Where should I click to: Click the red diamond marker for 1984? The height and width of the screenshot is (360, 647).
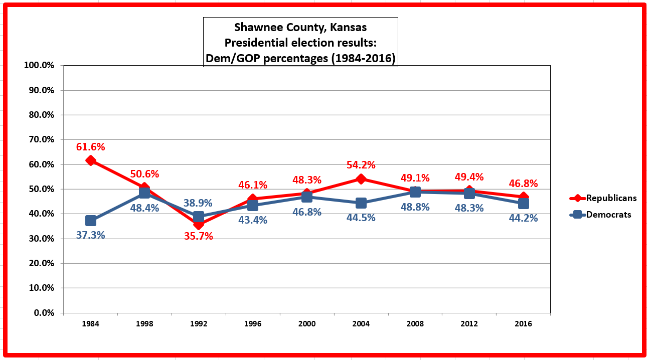(x=91, y=160)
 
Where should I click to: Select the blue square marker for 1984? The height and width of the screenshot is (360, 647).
(x=91, y=221)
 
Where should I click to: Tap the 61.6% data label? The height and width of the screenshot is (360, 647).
(x=91, y=147)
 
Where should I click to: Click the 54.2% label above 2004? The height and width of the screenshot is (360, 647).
(x=361, y=165)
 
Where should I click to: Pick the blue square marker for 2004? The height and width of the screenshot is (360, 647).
(x=361, y=203)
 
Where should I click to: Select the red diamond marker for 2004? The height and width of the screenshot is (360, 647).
(x=361, y=179)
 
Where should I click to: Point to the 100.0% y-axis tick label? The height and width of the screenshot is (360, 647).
(x=40, y=66)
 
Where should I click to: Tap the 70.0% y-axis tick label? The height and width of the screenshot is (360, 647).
(x=42, y=139)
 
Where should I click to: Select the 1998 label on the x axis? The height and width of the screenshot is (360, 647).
(x=144, y=324)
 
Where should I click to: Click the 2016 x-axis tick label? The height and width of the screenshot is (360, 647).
(x=523, y=324)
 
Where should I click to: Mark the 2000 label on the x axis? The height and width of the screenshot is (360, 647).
(x=307, y=324)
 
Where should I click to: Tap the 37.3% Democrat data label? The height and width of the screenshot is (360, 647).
(x=91, y=235)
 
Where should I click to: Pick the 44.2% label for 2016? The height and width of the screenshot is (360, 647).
(x=523, y=218)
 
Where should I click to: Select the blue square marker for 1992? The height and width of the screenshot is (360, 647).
(x=199, y=217)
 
